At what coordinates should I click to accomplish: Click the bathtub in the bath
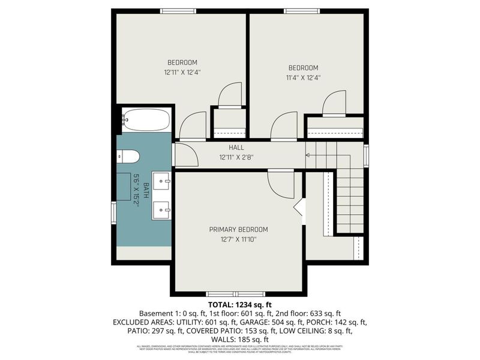tap(146, 119)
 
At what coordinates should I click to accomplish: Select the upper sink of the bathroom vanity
tap(161, 181)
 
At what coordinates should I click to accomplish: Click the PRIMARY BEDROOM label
tap(238, 229)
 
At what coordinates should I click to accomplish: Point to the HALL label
tap(236, 148)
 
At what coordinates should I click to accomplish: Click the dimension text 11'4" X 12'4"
tap(303, 77)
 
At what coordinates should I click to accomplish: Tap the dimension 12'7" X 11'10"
tap(238, 239)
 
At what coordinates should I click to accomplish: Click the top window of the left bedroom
tap(178, 11)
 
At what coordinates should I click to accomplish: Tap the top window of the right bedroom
tap(302, 11)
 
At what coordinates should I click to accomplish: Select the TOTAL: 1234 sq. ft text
tap(239, 305)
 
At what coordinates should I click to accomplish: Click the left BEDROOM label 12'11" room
tap(182, 62)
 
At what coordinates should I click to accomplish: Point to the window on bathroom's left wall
tap(113, 212)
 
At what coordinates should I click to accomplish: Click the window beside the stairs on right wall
tap(366, 155)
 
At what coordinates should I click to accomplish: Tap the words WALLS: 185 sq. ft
tap(239, 339)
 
